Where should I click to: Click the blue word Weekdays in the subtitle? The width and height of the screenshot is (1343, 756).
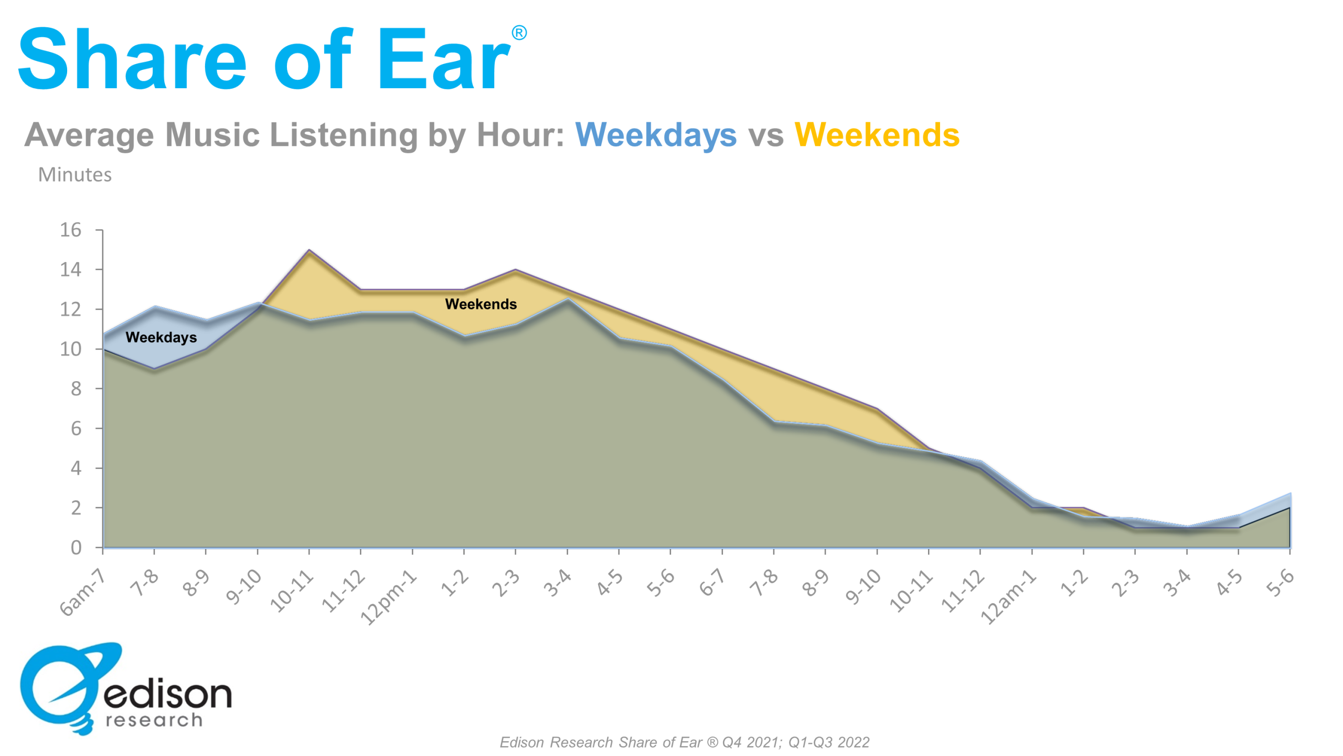click(656, 135)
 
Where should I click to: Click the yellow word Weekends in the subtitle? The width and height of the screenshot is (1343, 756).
click(877, 135)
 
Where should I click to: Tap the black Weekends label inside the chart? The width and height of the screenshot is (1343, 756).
click(481, 304)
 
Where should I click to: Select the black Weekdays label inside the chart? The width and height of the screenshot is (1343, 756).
click(161, 337)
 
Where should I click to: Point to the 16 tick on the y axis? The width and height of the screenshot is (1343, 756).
click(71, 230)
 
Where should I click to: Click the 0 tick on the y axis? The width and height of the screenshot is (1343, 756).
click(76, 548)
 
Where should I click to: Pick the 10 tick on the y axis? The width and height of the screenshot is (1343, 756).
click(71, 349)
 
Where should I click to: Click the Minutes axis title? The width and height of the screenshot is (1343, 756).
click(75, 174)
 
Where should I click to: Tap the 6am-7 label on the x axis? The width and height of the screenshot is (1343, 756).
click(82, 592)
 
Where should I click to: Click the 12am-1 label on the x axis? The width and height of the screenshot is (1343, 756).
click(1008, 597)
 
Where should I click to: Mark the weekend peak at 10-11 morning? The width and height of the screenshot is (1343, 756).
click(309, 250)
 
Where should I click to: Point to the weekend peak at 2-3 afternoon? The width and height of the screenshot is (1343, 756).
click(516, 270)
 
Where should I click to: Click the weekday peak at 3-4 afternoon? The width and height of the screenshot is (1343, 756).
click(568, 299)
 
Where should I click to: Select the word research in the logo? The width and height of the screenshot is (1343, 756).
click(154, 720)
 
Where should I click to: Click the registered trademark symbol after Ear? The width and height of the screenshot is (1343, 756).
click(519, 33)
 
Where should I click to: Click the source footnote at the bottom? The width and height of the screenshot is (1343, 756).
click(684, 742)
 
